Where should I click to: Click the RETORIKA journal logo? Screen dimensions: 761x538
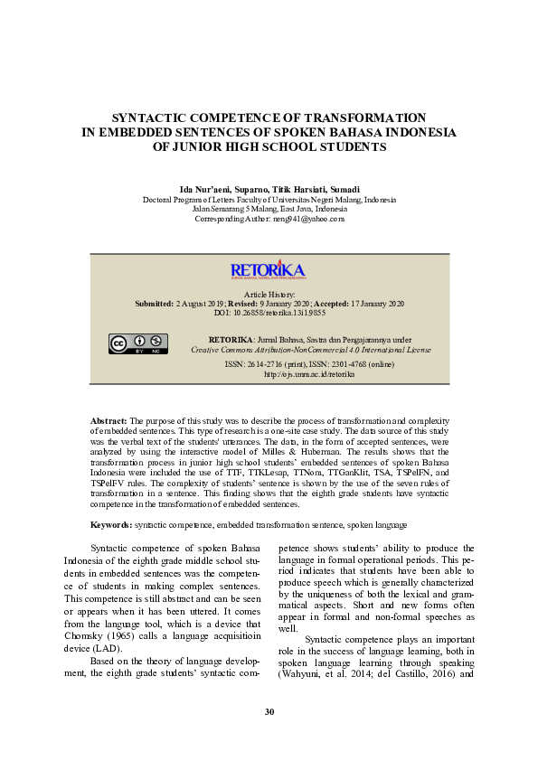click(x=269, y=270)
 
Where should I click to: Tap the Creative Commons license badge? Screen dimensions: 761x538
click(x=139, y=344)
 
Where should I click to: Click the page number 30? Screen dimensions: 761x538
click(x=269, y=712)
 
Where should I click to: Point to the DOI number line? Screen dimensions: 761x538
click(x=269, y=313)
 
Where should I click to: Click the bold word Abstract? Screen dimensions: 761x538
click(x=109, y=422)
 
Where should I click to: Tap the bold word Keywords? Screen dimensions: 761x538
click(x=111, y=524)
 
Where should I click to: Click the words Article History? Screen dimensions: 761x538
click(x=269, y=295)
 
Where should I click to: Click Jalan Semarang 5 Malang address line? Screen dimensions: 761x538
click(x=269, y=209)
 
